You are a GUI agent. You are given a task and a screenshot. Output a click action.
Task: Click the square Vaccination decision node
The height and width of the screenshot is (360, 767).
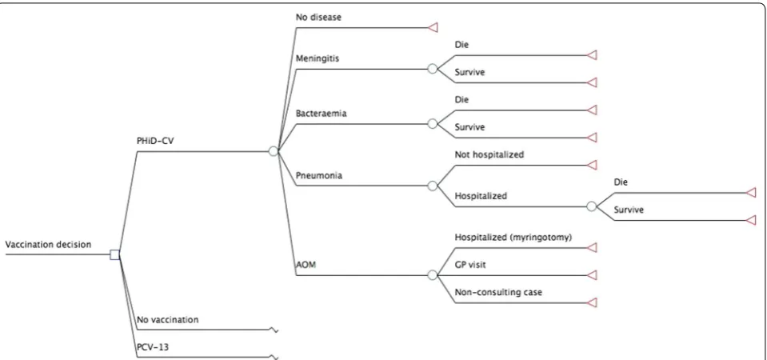pyautogui.click(x=115, y=254)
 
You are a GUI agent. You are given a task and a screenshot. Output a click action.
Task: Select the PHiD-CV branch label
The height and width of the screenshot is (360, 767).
pyautogui.click(x=155, y=141)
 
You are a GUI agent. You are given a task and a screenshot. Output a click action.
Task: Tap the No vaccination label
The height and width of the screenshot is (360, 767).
pyautogui.click(x=168, y=320)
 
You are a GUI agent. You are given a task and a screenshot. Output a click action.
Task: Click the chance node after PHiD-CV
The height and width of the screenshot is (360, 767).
pyautogui.click(x=274, y=151)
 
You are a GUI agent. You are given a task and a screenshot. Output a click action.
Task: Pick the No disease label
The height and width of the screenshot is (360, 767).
pyautogui.click(x=318, y=17)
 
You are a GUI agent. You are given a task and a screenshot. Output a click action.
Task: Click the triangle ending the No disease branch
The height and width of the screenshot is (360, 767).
pyautogui.click(x=433, y=28)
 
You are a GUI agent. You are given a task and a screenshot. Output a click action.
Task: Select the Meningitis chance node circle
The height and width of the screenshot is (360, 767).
pyautogui.click(x=433, y=69)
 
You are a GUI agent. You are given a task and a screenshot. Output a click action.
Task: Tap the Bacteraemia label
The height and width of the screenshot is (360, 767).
pyautogui.click(x=321, y=113)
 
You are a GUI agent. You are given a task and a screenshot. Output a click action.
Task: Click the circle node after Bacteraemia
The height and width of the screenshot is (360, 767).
pyautogui.click(x=433, y=124)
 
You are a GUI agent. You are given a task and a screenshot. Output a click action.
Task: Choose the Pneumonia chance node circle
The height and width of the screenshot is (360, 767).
pyautogui.click(x=433, y=186)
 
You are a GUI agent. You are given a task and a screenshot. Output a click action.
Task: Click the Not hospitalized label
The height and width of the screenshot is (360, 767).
pyautogui.click(x=489, y=154)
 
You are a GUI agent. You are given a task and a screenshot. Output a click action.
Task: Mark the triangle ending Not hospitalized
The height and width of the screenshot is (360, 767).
pyautogui.click(x=592, y=165)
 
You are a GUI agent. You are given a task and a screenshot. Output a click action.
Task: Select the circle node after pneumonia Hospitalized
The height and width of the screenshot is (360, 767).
pyautogui.click(x=591, y=206)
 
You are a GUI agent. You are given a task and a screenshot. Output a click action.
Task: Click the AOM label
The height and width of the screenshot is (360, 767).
pyautogui.click(x=306, y=265)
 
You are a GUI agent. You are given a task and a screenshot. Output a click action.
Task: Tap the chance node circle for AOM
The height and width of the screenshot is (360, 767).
pyautogui.click(x=433, y=275)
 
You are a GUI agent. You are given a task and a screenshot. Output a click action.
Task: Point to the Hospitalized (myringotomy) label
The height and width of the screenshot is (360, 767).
pyautogui.click(x=513, y=238)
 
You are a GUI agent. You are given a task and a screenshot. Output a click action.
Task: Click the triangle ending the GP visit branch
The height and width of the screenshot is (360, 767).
pyautogui.click(x=592, y=275)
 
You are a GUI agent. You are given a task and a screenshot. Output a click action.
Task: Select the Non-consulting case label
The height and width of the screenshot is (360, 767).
pyautogui.click(x=498, y=293)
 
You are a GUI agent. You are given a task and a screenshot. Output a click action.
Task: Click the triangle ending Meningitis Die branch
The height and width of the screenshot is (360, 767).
pyautogui.click(x=592, y=55)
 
